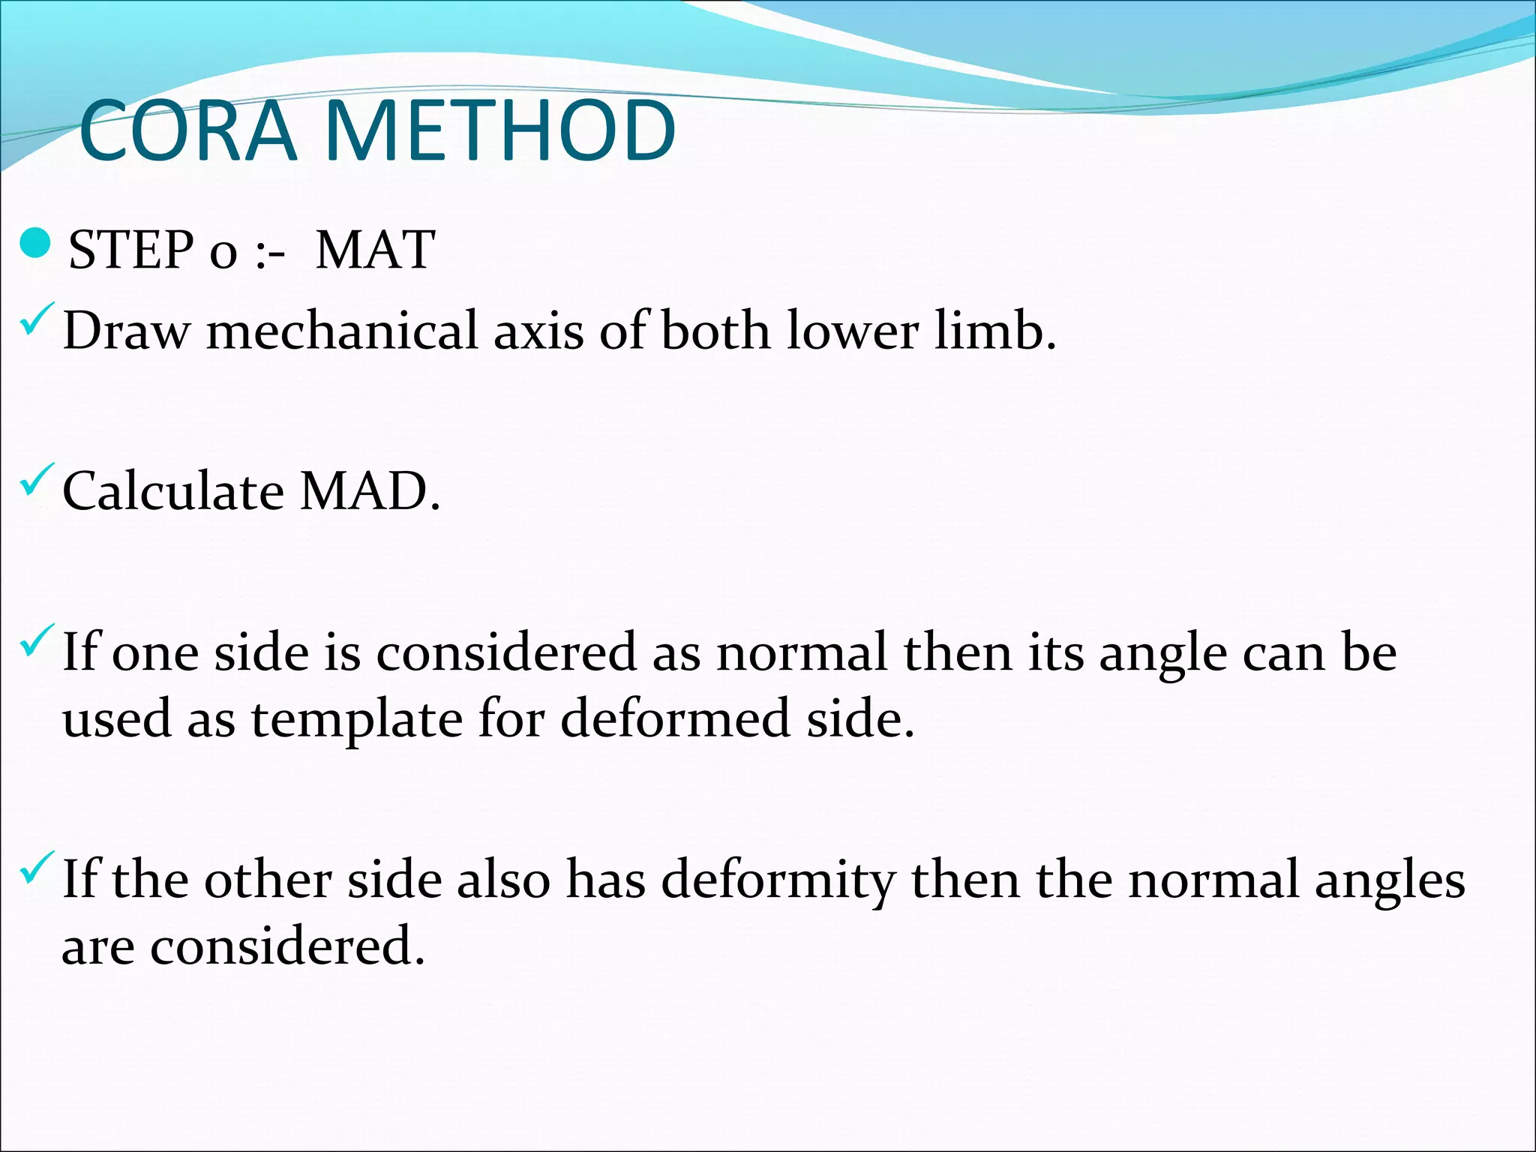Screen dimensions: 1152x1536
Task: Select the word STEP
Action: [130, 250]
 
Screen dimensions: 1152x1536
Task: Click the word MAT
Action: [375, 250]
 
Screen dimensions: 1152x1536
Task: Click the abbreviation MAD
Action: [370, 492]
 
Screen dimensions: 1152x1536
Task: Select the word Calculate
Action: [173, 492]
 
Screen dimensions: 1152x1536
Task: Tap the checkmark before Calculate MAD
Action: [38, 479]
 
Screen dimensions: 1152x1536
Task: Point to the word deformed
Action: [675, 718]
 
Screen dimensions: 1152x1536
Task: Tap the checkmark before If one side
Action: [38, 639]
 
